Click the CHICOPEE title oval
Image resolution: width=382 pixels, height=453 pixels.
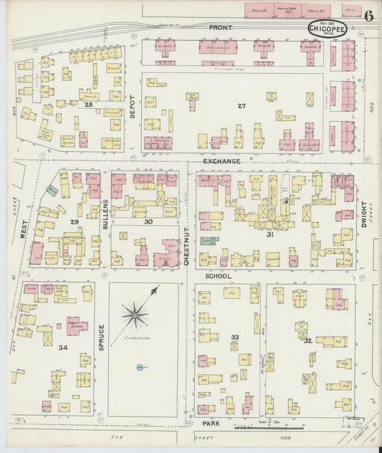point(328,29)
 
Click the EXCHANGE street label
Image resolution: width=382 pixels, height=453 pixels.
point(221,162)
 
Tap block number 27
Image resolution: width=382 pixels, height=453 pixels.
point(242,106)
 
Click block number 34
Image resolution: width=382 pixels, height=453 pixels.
point(62,348)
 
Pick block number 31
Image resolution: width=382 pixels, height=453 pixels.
point(270,234)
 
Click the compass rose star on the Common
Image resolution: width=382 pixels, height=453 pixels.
point(135,313)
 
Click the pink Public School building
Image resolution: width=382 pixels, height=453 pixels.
point(77,325)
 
